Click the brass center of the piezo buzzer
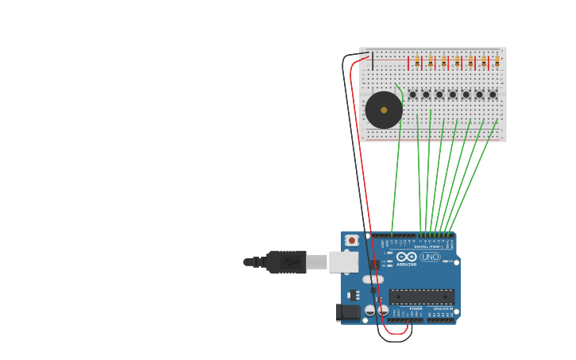(384, 110)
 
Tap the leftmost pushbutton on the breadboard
(412, 95)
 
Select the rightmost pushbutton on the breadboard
(493, 95)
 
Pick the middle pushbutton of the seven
(453, 95)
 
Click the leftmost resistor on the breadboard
(418, 61)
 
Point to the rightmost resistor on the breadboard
(497, 61)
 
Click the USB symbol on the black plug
(285, 261)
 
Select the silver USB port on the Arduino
(342, 261)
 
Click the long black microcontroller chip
(421, 296)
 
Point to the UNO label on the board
(431, 257)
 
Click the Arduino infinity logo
(406, 257)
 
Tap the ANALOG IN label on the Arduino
(443, 308)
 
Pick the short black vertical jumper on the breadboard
(372, 60)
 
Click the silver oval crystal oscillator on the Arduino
(373, 279)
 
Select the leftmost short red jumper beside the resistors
(409, 62)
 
